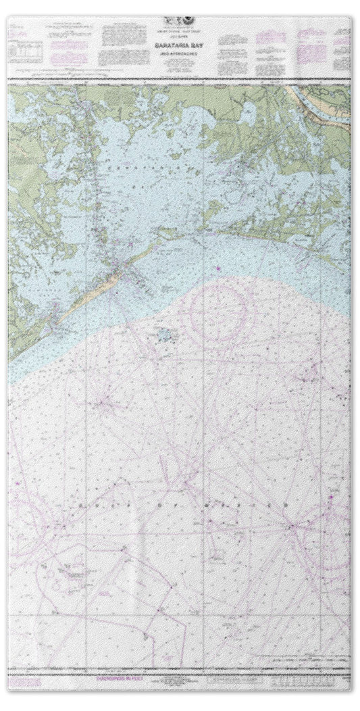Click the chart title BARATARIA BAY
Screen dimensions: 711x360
[180, 40]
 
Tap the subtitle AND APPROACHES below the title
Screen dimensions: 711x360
[180, 46]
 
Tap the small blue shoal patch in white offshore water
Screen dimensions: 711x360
[164, 334]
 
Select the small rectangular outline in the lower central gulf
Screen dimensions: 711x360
[217, 556]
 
